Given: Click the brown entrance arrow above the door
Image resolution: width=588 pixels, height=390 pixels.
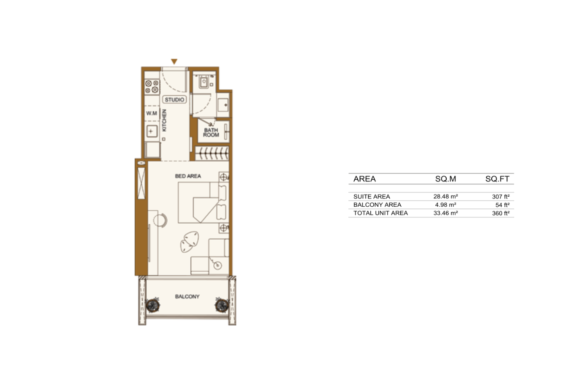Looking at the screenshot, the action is [174, 62].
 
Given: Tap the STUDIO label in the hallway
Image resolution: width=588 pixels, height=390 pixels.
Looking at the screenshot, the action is [175, 100].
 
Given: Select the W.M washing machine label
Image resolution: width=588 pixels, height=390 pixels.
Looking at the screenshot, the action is [152, 113].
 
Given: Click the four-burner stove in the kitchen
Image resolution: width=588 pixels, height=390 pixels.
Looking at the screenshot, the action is [152, 87].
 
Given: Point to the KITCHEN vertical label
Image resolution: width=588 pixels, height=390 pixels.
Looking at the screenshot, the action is [164, 120].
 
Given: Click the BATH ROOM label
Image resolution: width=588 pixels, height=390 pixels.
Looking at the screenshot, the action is [211, 133].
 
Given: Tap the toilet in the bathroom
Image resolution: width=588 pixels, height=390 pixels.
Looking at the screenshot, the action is [204, 82].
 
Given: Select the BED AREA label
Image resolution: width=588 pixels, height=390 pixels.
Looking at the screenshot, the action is [188, 176].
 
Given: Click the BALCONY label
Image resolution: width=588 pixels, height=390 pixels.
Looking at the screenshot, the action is [187, 296].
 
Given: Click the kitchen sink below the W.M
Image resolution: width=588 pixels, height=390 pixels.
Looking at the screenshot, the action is [151, 131].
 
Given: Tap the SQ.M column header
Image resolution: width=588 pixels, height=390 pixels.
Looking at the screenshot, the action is [445, 179].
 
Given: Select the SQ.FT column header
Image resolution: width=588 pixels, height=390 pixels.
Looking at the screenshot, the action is [497, 179].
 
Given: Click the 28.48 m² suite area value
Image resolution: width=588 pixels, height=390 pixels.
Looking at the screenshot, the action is [445, 196].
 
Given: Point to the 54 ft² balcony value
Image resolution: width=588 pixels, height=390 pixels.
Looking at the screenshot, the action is [503, 205].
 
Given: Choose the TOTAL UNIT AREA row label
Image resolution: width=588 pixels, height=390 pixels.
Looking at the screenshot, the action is [380, 213].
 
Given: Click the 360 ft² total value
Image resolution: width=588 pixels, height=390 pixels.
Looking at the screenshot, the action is [500, 213].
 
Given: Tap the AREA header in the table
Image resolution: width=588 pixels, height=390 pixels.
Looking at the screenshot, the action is [364, 179].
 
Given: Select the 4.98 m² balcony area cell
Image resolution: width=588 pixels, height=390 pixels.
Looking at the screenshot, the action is [445, 205].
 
